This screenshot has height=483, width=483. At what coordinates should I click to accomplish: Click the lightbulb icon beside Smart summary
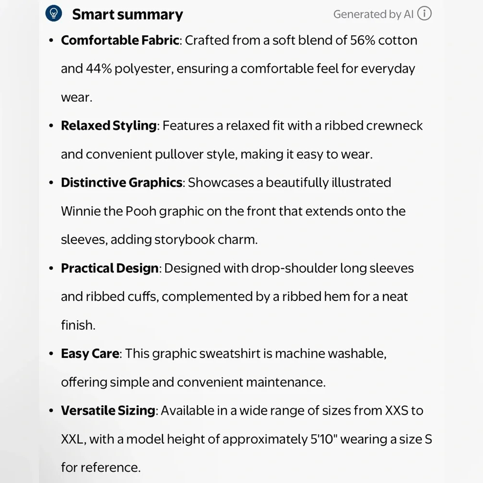pos(54,14)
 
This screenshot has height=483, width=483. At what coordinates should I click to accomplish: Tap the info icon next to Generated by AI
pos(424,14)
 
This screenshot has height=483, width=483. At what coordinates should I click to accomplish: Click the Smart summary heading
pos(128,14)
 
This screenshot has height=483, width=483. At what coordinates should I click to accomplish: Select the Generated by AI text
pos(373,14)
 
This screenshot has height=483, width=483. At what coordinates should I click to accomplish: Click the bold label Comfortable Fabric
pos(120,40)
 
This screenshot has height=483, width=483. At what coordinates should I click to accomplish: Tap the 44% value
pos(99,69)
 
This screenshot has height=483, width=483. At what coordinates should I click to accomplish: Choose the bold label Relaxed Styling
pos(109,126)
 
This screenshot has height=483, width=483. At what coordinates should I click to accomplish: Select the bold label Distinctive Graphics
pos(121,183)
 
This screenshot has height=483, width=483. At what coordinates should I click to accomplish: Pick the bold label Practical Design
pos(110,268)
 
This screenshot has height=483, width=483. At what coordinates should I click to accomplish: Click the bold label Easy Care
pos(90,354)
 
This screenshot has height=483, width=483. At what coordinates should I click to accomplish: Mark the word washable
pos(356,354)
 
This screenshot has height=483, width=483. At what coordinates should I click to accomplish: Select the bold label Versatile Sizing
pos(108,411)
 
